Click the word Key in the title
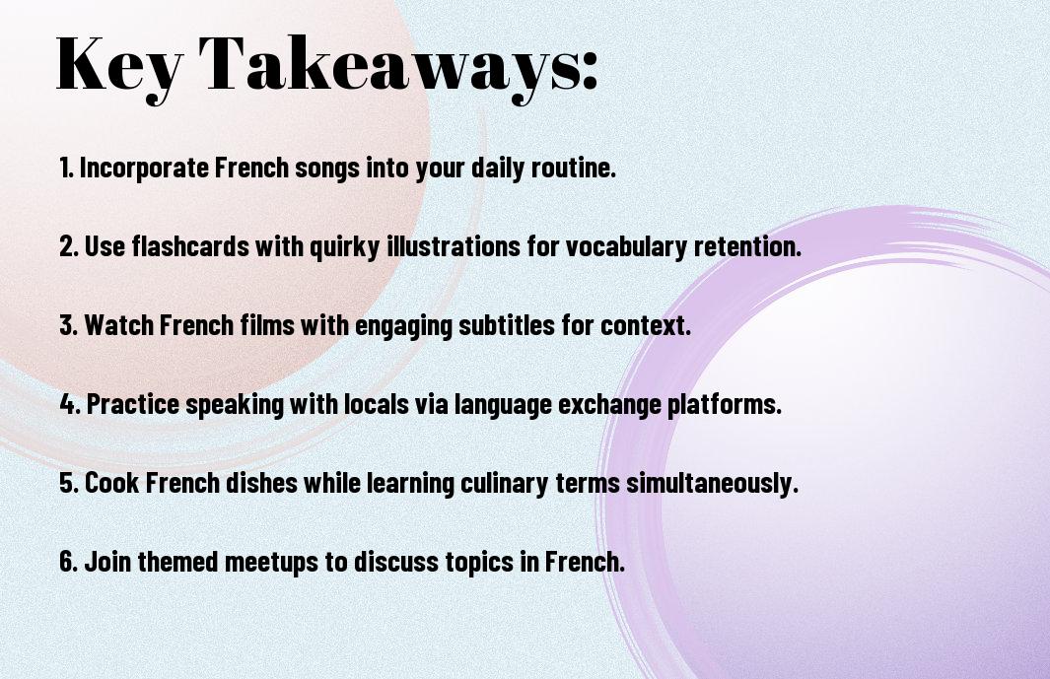click(119, 66)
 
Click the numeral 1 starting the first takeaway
click(64, 168)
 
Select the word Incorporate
click(145, 169)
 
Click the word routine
click(574, 169)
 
